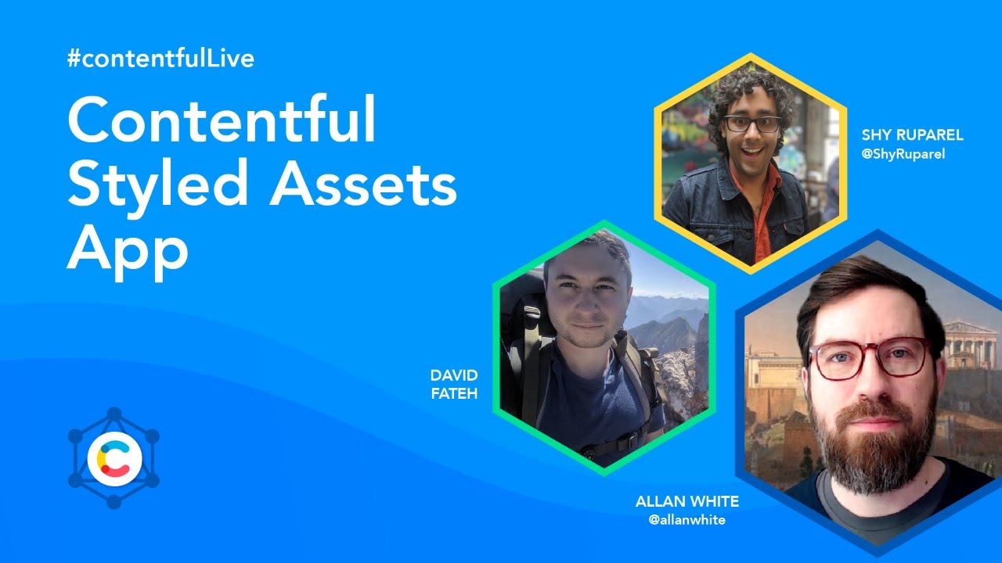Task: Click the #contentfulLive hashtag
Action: tap(160, 59)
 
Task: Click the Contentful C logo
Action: tap(114, 458)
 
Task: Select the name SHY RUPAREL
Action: tap(912, 135)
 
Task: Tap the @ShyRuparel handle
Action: tap(903, 154)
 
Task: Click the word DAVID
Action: tap(454, 376)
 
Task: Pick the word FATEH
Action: tap(454, 393)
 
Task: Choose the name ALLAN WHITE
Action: tap(687, 501)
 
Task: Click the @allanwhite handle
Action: tap(687, 520)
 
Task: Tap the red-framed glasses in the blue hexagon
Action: tap(869, 358)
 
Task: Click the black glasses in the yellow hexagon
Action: tap(752, 124)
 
